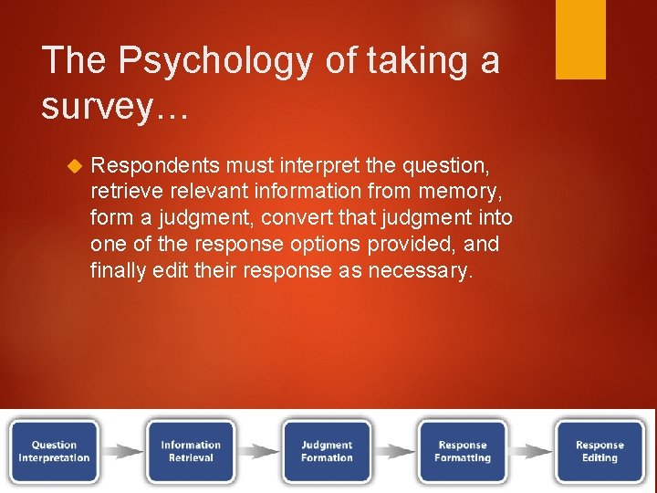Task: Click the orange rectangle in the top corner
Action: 580,39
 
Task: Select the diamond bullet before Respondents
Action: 75,166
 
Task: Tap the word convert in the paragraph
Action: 294,219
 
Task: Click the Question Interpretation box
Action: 55,451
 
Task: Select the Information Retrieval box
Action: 191,451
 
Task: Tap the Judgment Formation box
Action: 327,451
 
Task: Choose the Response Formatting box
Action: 463,451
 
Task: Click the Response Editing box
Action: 600,451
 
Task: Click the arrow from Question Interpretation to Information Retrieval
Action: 122,451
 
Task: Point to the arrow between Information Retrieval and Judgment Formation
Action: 258,451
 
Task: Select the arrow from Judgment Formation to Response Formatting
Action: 394,451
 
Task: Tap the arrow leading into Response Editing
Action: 530,451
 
